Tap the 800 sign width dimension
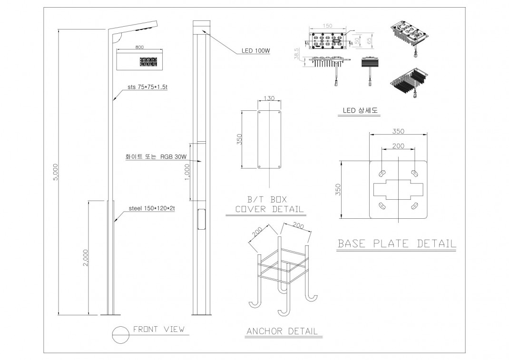(x=139, y=48)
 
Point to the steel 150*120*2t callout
(x=151, y=208)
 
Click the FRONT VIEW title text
(x=158, y=329)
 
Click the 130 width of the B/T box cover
(x=269, y=98)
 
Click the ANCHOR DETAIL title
(x=282, y=331)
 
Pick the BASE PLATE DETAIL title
(x=396, y=243)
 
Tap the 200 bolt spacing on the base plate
(x=398, y=146)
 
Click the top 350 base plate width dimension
(x=398, y=131)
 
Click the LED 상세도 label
(x=360, y=110)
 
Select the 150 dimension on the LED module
(x=327, y=26)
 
